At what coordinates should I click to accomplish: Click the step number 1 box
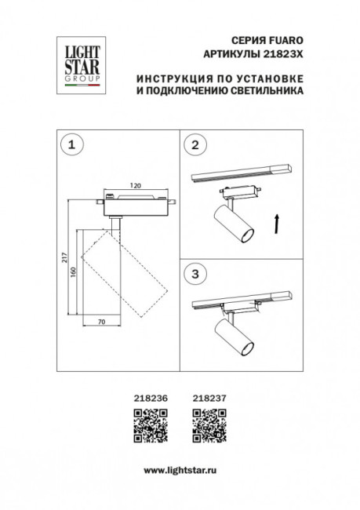coord(72,144)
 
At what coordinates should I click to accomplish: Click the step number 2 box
coord(196,144)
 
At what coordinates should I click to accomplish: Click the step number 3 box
coord(196,274)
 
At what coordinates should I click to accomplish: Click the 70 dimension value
coord(100,322)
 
